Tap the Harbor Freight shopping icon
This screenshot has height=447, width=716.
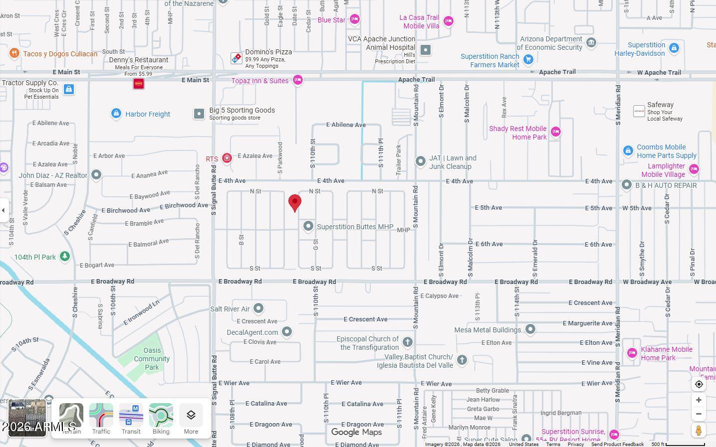point(116,114)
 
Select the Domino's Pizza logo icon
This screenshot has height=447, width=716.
point(237,58)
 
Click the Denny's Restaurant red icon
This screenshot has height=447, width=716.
point(139,84)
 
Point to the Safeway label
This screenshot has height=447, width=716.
point(660,105)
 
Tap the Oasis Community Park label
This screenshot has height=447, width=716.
point(152,359)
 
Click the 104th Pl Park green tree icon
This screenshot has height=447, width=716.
point(64,256)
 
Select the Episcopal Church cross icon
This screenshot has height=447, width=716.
point(408,342)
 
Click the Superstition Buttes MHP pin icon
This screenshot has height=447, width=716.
point(308,226)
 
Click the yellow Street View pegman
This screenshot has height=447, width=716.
point(699,430)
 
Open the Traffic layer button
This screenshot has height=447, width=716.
point(101,419)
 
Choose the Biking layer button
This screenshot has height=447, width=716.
point(161,419)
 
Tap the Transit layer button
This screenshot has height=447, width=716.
point(131,419)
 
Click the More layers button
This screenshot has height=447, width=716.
point(191,419)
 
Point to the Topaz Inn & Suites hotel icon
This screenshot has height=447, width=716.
point(298,80)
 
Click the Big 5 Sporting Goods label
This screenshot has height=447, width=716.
point(241,110)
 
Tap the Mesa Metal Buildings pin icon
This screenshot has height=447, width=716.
point(530,329)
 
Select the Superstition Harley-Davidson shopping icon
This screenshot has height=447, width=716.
point(674,48)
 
